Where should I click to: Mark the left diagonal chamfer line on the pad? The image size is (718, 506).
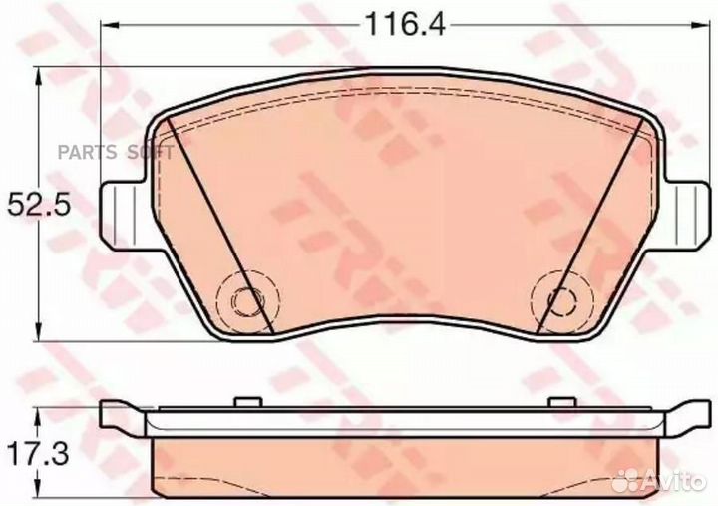(219, 225)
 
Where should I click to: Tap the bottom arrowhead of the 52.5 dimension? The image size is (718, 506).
(38, 337)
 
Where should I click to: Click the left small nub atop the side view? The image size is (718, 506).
(240, 403)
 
